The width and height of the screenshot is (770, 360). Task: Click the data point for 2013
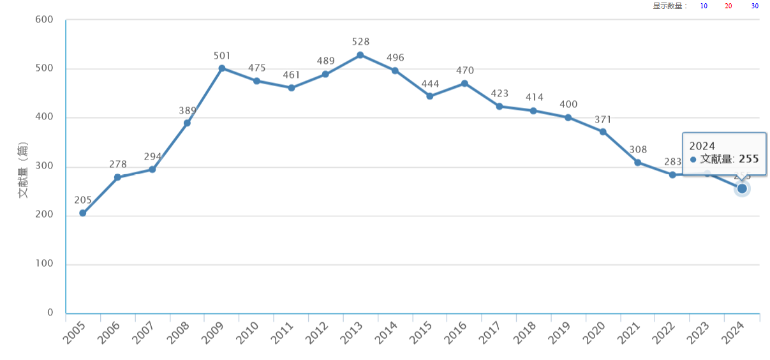[x=360, y=55]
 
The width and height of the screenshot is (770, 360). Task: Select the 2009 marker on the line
[x=222, y=68]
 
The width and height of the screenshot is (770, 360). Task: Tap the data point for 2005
[x=83, y=213]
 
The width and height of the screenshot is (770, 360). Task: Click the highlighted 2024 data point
[x=742, y=188]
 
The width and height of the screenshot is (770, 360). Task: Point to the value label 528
[x=360, y=42]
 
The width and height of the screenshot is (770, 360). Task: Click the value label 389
[x=188, y=110]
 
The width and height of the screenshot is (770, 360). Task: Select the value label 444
[x=430, y=84]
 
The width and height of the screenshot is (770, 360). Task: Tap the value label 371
[x=603, y=119]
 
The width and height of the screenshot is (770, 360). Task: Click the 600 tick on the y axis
[x=45, y=19]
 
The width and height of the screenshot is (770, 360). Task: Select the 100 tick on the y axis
[x=45, y=264]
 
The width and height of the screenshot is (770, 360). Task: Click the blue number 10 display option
[x=704, y=6]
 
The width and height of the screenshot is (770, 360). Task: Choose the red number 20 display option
[x=729, y=6]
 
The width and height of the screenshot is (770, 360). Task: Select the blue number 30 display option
[x=755, y=6]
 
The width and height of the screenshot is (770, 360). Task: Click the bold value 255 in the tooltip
[x=749, y=159]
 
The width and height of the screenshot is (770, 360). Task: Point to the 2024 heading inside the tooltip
[x=702, y=146]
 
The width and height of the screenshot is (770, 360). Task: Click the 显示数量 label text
[x=670, y=6]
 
